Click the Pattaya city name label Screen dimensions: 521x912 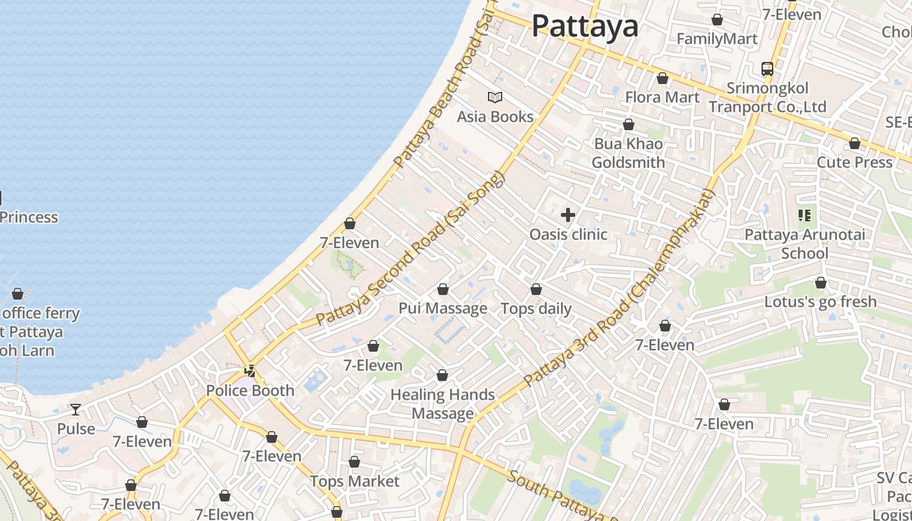584,27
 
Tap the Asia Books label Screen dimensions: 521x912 495,117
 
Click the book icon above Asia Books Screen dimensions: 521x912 495,98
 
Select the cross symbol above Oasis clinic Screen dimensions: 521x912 568,215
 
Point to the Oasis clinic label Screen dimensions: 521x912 568,234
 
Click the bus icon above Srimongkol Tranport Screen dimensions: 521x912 767,68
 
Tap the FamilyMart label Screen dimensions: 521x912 717,39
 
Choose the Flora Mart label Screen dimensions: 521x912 662,98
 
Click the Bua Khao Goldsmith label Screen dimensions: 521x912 629,153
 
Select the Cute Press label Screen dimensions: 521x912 854,162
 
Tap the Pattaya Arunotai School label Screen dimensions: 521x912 805,244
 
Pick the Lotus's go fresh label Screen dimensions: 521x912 820,302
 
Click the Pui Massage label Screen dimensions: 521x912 443,309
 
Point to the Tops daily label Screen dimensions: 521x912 535,309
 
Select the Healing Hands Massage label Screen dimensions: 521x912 442,404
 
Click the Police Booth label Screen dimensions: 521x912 250,391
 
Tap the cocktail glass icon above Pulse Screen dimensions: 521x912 76,410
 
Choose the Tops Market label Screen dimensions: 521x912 354,481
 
